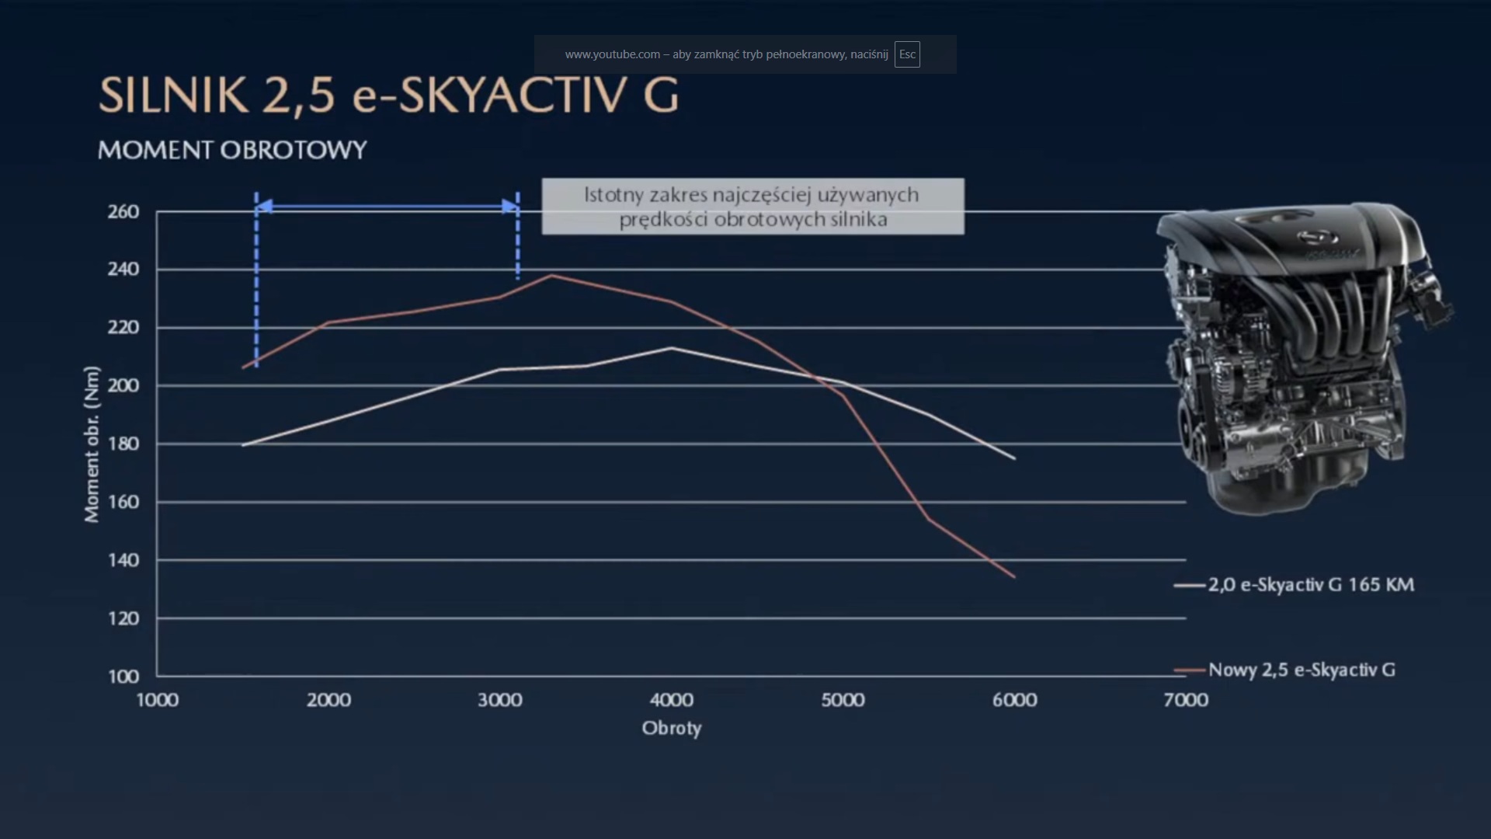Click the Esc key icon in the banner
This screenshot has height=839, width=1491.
pos(907,54)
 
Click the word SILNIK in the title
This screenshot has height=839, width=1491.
pos(173,96)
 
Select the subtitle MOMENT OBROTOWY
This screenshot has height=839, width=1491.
pos(232,150)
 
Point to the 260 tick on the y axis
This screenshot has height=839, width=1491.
pos(123,211)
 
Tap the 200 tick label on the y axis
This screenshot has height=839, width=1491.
pos(123,385)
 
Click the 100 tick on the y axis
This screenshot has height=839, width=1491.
pos(123,676)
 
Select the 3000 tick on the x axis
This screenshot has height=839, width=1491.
pos(500,700)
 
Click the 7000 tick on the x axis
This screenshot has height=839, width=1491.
pos(1186,700)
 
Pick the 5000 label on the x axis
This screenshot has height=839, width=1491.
pos(843,700)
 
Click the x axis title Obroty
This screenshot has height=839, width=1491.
pos(672,729)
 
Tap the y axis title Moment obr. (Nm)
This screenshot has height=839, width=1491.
pos(92,444)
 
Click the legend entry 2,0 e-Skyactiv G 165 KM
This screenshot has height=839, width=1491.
pos(1311,585)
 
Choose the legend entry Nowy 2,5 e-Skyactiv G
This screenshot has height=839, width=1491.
pos(1302,670)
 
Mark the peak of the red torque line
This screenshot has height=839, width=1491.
pos(551,275)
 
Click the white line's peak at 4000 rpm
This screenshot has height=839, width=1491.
pos(672,348)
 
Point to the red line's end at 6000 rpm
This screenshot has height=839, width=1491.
pos(1014,576)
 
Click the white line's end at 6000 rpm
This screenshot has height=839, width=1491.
pos(1014,458)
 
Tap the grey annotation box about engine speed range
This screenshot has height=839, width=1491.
pos(752,207)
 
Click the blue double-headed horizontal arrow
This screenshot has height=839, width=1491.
pos(387,207)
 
